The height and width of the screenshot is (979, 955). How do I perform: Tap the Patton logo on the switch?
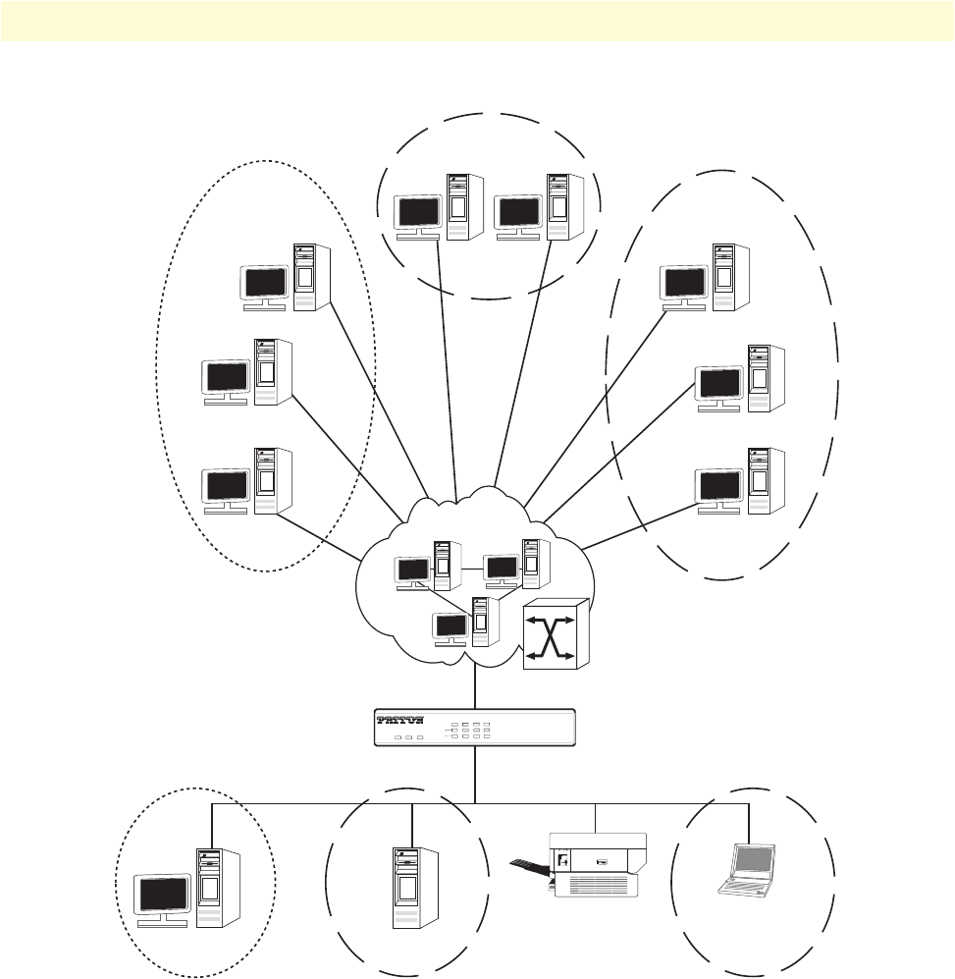[400, 720]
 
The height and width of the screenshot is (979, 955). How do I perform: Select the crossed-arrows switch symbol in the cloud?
[555, 635]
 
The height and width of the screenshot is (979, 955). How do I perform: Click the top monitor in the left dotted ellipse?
[265, 283]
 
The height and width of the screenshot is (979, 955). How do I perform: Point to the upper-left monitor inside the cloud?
[411, 570]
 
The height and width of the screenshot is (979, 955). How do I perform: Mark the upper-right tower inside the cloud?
[535, 563]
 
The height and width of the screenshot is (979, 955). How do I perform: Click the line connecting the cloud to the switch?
[475, 687]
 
